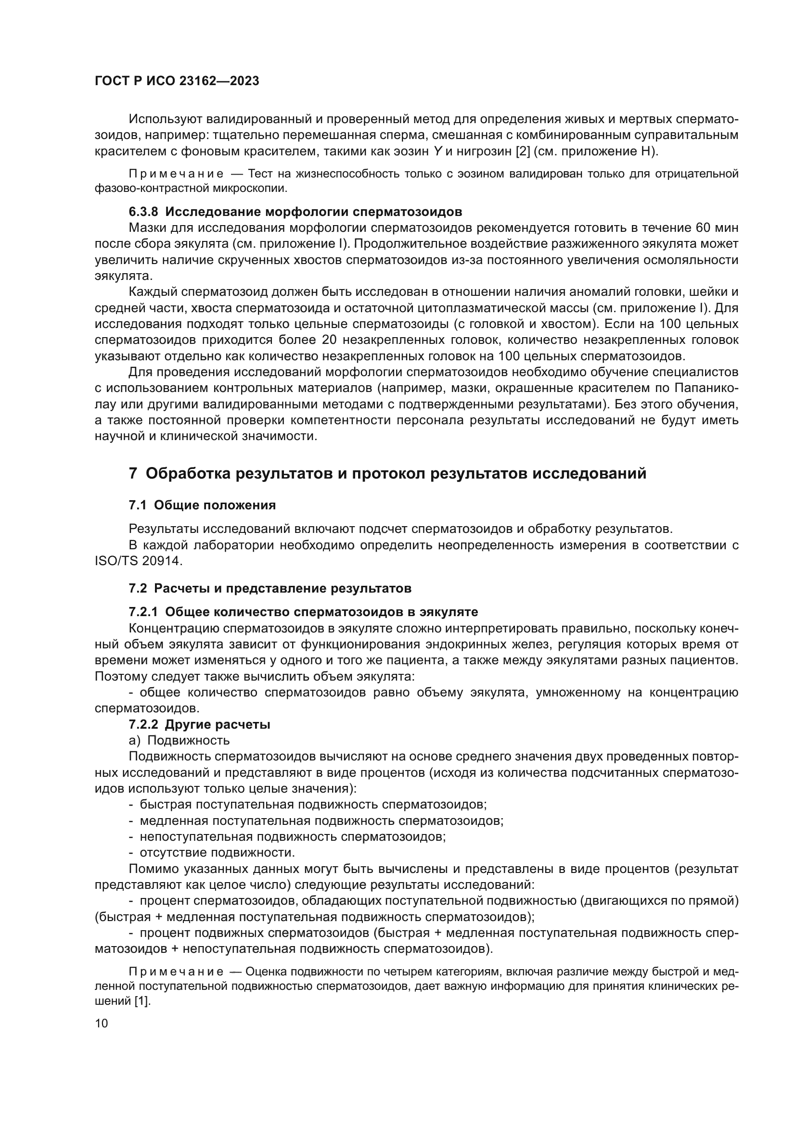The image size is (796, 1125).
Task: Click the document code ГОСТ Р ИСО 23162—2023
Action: [177, 81]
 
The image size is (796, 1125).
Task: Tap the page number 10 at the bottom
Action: [101, 1023]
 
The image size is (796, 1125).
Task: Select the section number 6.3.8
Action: [143, 212]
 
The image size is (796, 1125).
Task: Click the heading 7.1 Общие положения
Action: [202, 505]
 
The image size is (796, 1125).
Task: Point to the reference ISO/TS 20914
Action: [138, 561]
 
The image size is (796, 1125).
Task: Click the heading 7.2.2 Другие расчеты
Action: [200, 724]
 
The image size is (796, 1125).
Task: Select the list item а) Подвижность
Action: [179, 740]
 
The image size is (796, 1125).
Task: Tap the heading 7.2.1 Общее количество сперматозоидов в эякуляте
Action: [303, 612]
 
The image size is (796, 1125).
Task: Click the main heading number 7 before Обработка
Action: [133, 474]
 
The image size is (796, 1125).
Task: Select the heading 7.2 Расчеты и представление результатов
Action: [270, 588]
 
